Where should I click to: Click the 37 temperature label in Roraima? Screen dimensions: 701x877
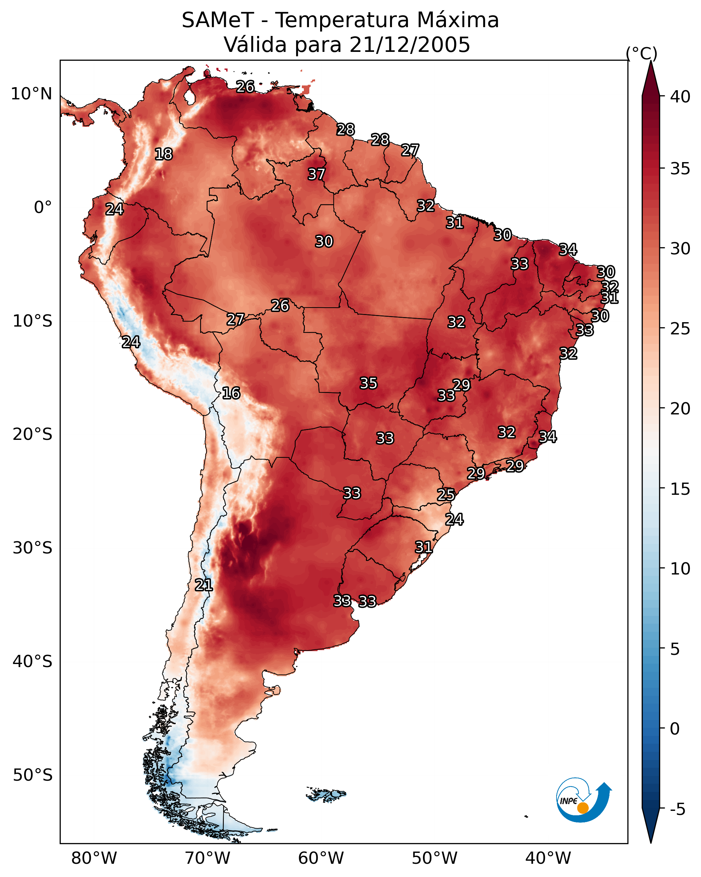pyautogui.click(x=316, y=174)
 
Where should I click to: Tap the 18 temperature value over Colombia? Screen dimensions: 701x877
pyautogui.click(x=163, y=154)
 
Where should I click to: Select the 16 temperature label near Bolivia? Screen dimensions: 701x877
pyautogui.click(x=231, y=393)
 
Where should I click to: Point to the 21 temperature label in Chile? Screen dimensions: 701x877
pyautogui.click(x=203, y=585)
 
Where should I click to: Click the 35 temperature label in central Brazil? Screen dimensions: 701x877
pyautogui.click(x=369, y=383)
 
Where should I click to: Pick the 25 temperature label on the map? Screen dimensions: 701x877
pyautogui.click(x=446, y=495)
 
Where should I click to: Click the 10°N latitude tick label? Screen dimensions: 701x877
pyautogui.click(x=31, y=94)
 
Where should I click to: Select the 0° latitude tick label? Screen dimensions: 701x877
pyautogui.click(x=43, y=208)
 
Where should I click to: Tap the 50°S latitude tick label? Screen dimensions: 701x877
pyautogui.click(x=33, y=775)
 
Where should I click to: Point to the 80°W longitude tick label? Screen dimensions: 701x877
pyautogui.click(x=94, y=858)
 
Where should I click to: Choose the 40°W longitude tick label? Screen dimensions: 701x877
pyautogui.click(x=548, y=858)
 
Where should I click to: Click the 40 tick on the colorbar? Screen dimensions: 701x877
pyautogui.click(x=680, y=97)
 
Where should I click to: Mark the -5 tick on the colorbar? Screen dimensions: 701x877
pyautogui.click(x=678, y=809)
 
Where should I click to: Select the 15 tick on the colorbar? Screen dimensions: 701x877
pyautogui.click(x=680, y=489)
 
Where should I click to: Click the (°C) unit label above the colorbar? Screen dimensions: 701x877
pyautogui.click(x=642, y=53)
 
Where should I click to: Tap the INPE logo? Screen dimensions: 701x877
pyautogui.click(x=584, y=800)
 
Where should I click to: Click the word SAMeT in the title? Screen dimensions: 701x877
pyautogui.click(x=218, y=20)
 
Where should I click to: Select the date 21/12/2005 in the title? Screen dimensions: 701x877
pyautogui.click(x=410, y=45)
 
